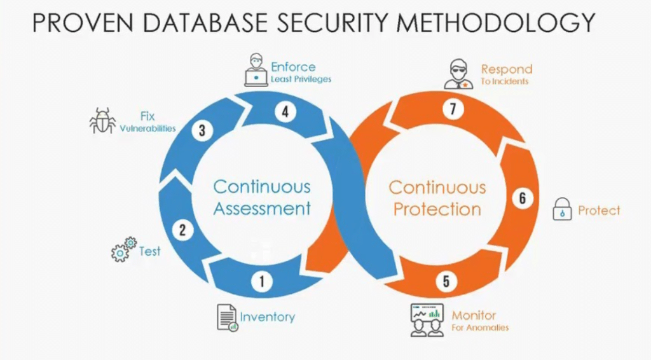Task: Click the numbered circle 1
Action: click(261, 280)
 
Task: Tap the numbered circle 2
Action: click(182, 230)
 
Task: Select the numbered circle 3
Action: click(202, 131)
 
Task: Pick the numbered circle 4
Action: click(285, 112)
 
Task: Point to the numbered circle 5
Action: click(446, 281)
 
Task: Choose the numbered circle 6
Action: click(522, 198)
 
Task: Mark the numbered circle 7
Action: click(453, 109)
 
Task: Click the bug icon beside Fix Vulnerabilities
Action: click(102, 121)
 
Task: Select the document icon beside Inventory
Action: click(227, 317)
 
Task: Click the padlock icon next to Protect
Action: click(562, 209)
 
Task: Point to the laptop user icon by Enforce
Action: click(256, 72)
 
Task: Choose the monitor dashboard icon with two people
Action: click(426, 320)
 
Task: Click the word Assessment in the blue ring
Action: click(262, 208)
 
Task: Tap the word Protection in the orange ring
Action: click(437, 209)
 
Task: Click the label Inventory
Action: click(267, 317)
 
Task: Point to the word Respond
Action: click(506, 69)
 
